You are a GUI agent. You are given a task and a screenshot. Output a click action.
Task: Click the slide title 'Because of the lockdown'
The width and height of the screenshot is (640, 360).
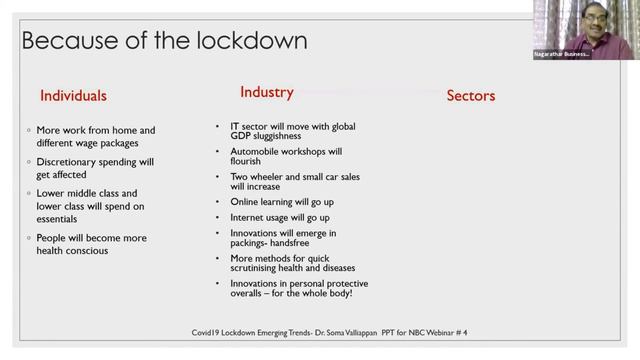click(x=164, y=41)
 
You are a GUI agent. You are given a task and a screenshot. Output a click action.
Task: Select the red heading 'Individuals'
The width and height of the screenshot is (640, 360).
click(x=73, y=96)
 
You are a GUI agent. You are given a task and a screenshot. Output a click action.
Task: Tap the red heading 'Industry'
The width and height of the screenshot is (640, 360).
click(x=267, y=92)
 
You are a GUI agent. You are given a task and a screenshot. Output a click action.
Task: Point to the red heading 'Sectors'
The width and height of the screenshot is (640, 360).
click(x=470, y=96)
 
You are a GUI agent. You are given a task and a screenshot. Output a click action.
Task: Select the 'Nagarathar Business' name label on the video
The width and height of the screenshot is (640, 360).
click(x=562, y=54)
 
